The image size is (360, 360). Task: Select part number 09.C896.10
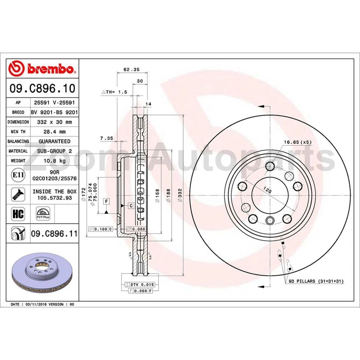pos(42,88)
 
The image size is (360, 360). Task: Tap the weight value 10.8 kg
pos(54,161)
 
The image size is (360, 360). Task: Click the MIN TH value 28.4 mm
pos(54,132)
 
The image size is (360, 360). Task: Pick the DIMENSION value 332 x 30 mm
pos(54,122)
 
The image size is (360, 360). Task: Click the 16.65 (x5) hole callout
pos(298,142)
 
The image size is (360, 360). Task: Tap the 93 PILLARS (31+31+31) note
pos(316,281)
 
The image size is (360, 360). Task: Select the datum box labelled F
pos(107,202)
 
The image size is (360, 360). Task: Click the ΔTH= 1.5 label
pos(115,92)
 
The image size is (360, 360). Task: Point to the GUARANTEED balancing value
pos(54,141)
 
